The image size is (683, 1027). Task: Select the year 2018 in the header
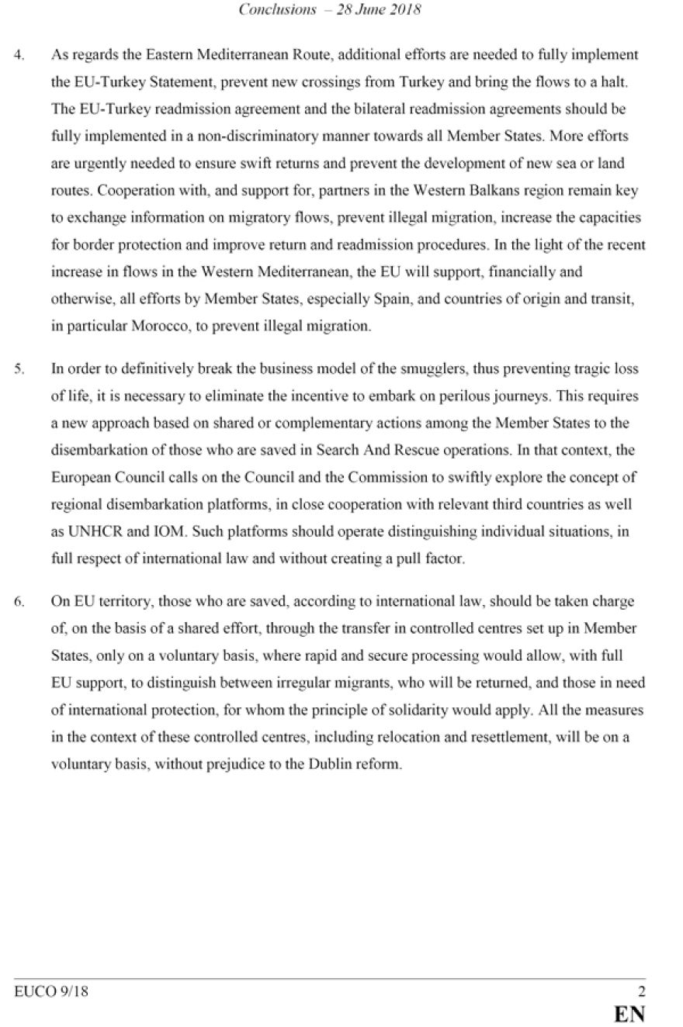pos(405,10)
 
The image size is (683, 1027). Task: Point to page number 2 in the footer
pos(641,991)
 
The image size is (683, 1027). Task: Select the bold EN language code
pos(629,1014)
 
